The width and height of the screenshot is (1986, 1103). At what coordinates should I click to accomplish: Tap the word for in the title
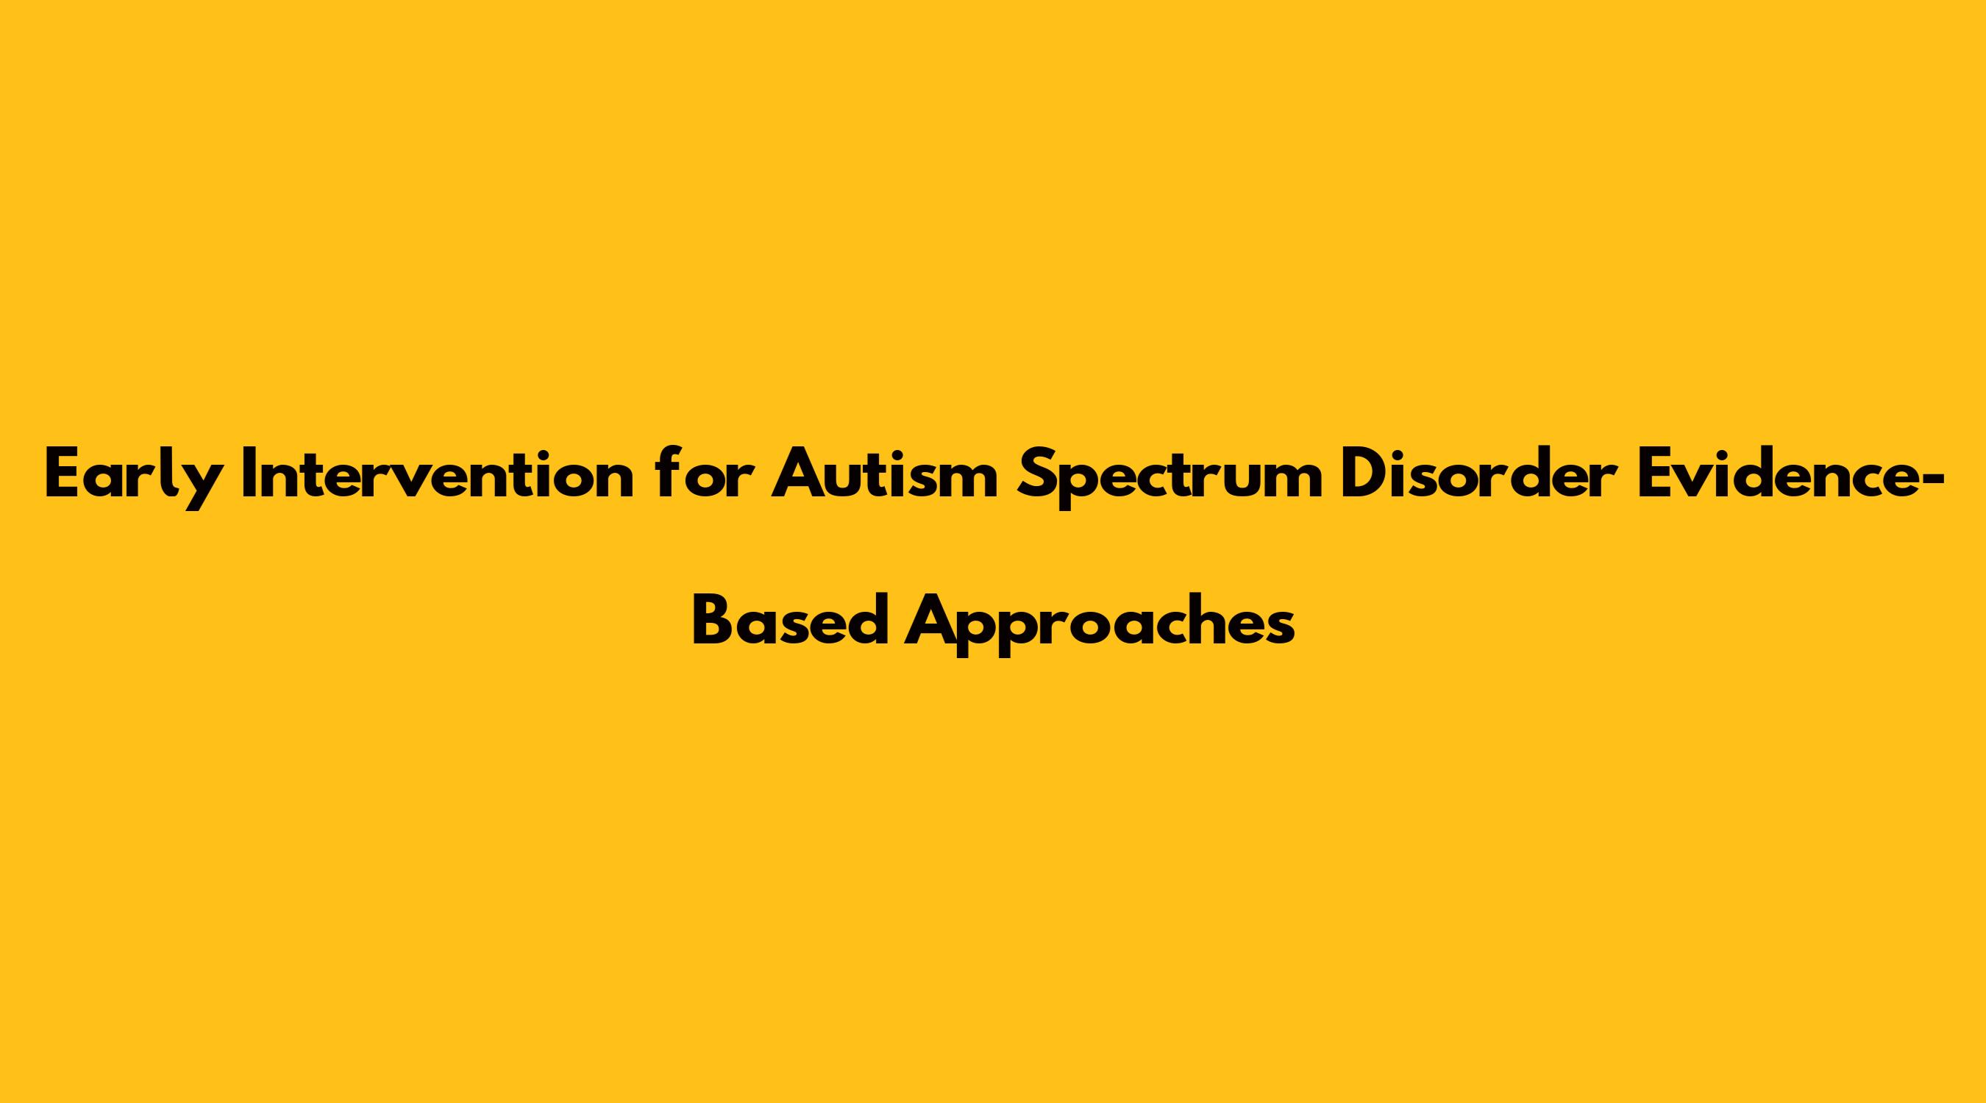tap(702, 472)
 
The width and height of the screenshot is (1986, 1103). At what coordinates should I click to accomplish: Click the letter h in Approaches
tap(1195, 619)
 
